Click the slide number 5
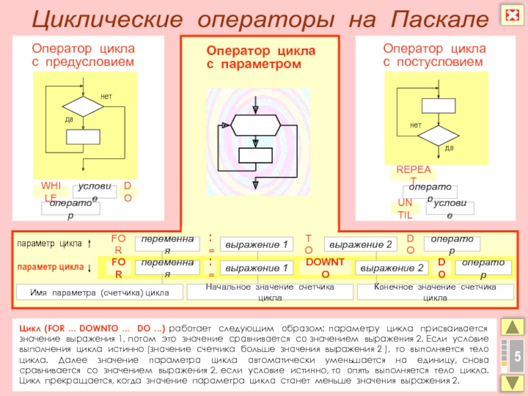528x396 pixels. [517, 356]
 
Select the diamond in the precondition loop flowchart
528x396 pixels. [82, 106]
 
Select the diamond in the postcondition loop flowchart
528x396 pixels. [438, 135]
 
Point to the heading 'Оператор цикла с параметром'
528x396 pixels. [261, 57]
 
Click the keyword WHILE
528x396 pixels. [50, 191]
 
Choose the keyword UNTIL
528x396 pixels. [405, 208]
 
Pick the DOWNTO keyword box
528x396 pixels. [325, 267]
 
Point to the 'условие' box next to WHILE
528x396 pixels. [94, 191]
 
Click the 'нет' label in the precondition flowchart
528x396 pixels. [106, 97]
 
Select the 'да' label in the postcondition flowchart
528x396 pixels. [449, 148]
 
